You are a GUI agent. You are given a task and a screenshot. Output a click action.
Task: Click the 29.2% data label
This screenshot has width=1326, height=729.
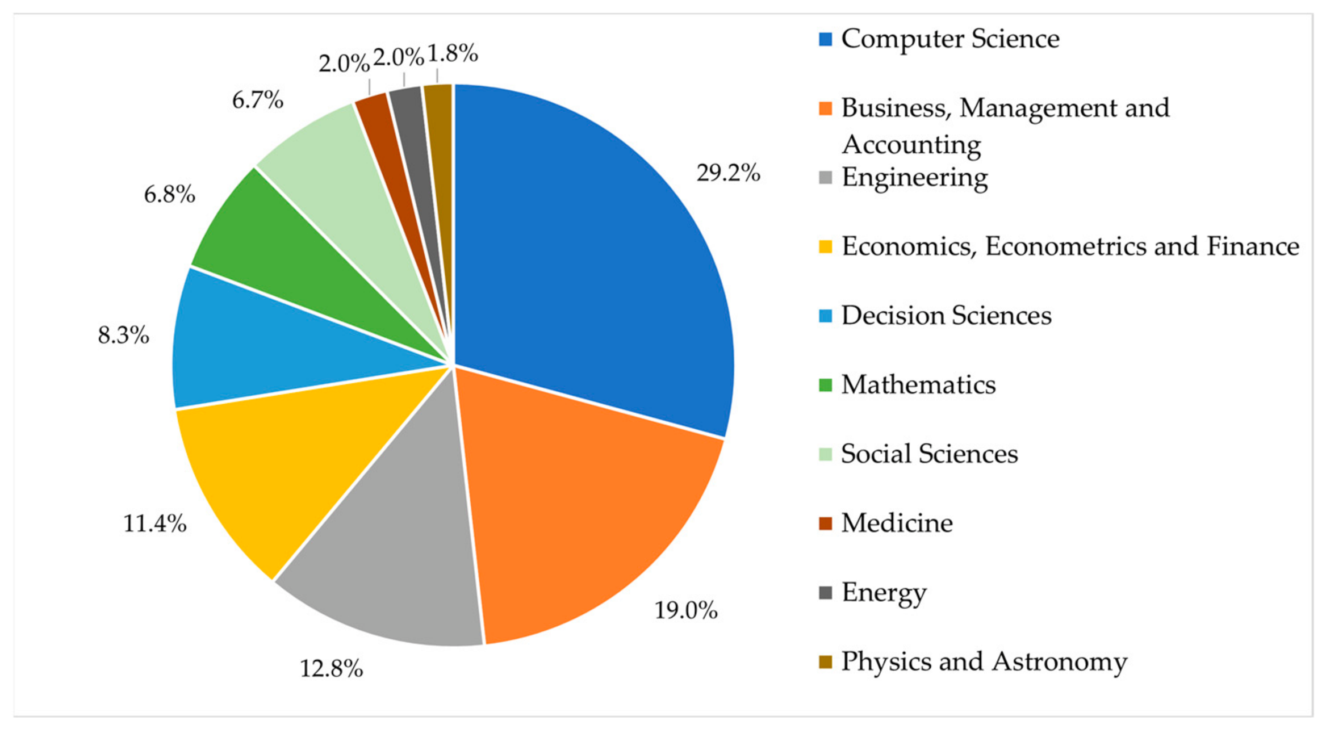728,173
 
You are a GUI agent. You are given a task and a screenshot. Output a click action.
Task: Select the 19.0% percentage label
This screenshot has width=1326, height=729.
686,610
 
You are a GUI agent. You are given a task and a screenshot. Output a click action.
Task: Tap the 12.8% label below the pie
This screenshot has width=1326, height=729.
331,668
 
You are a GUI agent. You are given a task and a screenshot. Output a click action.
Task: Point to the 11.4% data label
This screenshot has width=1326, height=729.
154,523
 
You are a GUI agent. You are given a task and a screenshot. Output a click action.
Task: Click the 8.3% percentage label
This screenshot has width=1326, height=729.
123,335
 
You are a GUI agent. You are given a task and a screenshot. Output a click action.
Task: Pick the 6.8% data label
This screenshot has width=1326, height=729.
169,194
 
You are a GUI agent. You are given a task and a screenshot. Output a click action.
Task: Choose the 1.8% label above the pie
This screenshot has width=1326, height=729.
453,53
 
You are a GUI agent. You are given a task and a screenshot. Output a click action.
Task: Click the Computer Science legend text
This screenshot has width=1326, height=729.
950,39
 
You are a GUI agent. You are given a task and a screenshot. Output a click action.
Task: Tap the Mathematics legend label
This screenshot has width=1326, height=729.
918,384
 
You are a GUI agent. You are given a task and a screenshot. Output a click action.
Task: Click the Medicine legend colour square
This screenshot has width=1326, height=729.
825,523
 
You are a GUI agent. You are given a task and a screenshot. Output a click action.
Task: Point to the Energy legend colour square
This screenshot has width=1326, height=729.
825,592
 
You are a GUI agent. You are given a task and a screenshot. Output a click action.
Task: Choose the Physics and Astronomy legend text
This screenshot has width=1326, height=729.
984,662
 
